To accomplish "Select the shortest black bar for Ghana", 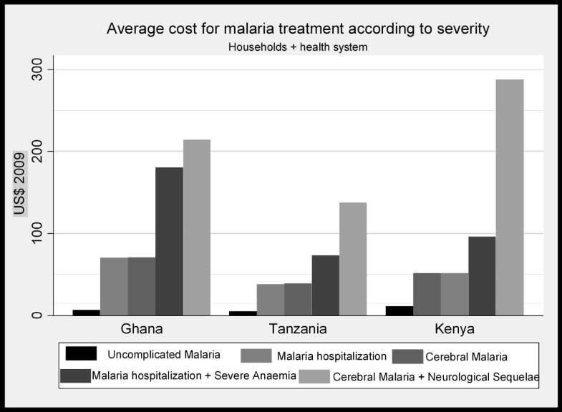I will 87,313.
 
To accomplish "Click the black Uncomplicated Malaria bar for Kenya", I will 399,310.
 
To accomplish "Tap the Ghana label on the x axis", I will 142,330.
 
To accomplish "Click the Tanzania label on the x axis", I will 298,330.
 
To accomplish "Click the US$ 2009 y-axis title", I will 21,192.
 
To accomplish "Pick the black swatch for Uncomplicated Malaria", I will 80,353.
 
